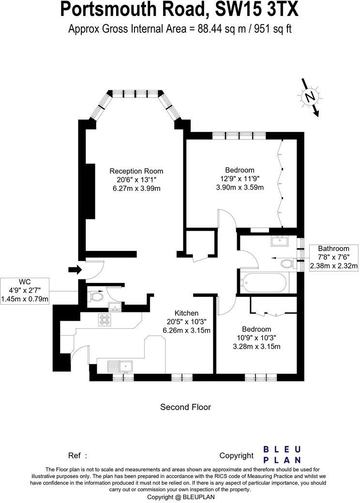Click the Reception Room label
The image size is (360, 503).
pyautogui.click(x=136, y=171)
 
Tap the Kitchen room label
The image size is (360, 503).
pyautogui.click(x=186, y=313)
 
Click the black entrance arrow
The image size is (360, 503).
pyautogui.click(x=75, y=270)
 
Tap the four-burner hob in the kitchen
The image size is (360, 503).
pyautogui.click(x=105, y=319)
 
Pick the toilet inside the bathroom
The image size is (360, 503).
pyautogui.click(x=287, y=264)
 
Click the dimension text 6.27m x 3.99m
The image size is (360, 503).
pyautogui.click(x=136, y=188)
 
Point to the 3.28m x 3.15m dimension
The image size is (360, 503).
pyautogui.click(x=256, y=346)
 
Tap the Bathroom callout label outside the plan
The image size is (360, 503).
pyautogui.click(x=334, y=257)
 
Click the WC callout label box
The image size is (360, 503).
pyautogui.click(x=25, y=290)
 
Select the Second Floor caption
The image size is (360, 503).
pyautogui.click(x=185, y=407)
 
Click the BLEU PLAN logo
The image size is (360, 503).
pyautogui.click(x=282, y=455)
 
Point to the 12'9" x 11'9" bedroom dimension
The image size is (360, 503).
pyautogui.click(x=240, y=179)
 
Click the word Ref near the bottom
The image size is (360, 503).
pyautogui.click(x=75, y=455)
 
